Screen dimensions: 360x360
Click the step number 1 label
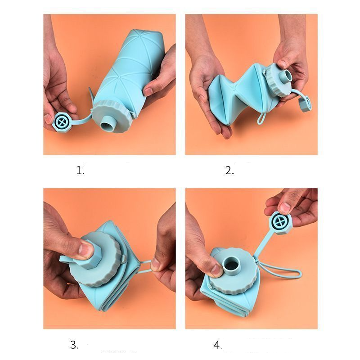click(x=80, y=171)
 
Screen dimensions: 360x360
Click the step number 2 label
click(x=229, y=171)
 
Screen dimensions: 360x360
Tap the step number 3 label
click(x=74, y=345)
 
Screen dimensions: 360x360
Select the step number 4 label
click(x=217, y=345)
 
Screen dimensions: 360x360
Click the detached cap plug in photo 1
click(x=62, y=121)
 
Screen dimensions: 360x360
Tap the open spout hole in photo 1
click(x=107, y=126)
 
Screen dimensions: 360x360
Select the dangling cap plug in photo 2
click(x=305, y=103)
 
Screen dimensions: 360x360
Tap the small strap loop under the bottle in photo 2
click(x=261, y=118)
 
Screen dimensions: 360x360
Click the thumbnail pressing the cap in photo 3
click(x=85, y=250)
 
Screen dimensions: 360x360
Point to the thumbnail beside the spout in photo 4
click(x=216, y=270)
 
